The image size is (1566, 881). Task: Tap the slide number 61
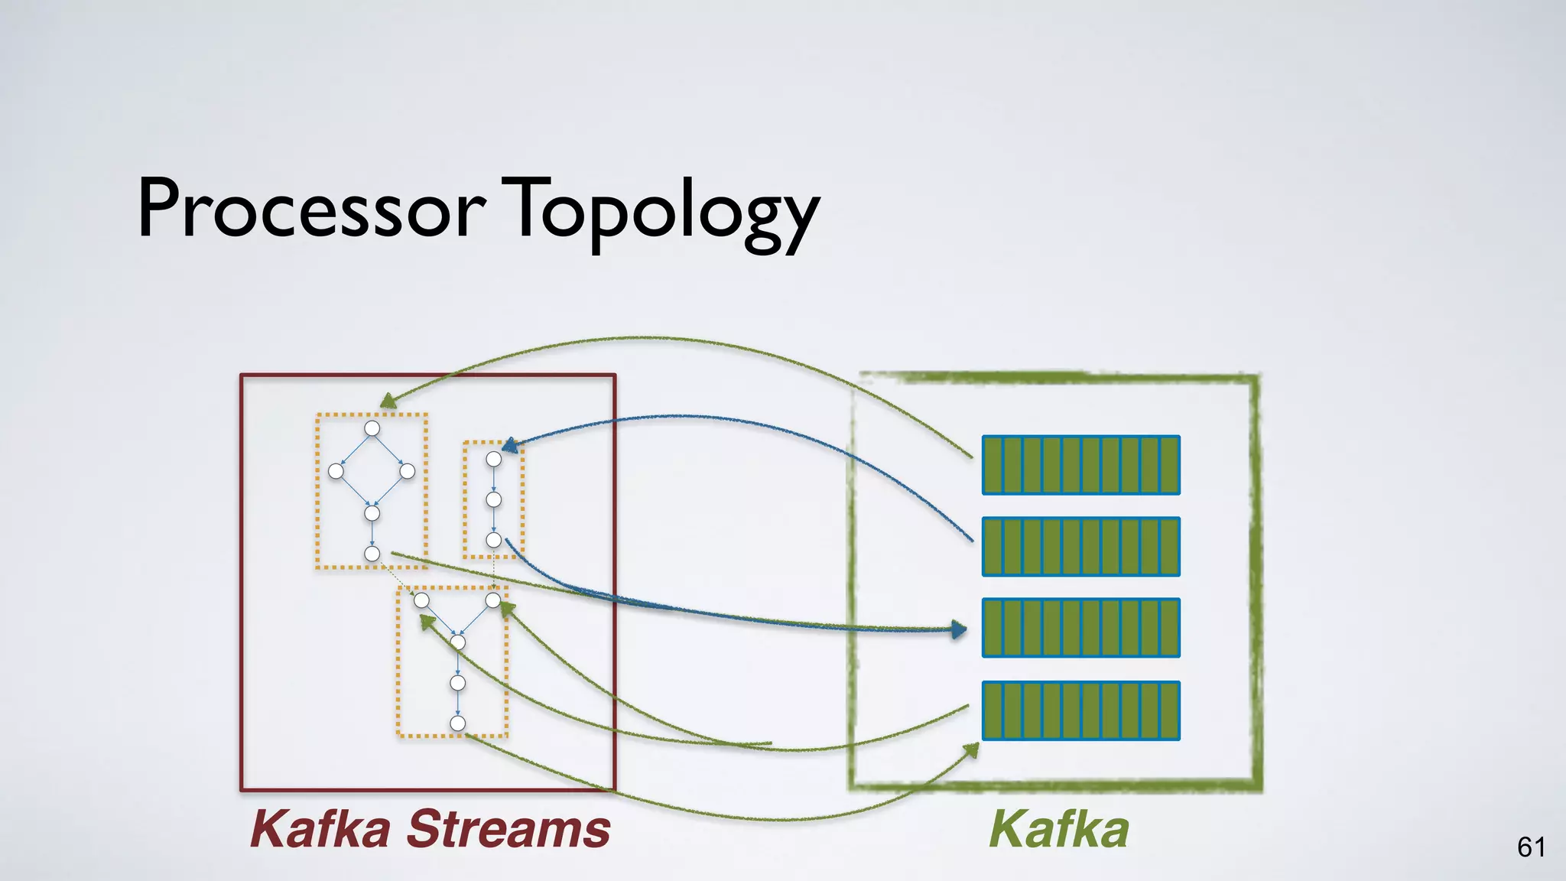click(1531, 847)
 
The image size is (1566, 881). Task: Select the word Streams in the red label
click(508, 829)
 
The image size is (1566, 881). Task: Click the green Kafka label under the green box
click(1058, 829)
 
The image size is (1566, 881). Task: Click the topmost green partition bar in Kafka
click(1080, 465)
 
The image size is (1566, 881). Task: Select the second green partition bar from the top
click(1080, 546)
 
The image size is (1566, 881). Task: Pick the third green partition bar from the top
click(1080, 628)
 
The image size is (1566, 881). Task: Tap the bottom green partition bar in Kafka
click(1080, 710)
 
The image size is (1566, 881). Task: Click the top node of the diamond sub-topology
click(372, 428)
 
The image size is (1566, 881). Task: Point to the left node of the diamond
click(336, 471)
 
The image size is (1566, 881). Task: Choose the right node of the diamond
click(408, 471)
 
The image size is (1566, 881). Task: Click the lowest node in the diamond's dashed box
click(372, 554)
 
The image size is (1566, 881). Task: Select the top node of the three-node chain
click(494, 459)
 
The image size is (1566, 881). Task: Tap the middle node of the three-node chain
click(494, 499)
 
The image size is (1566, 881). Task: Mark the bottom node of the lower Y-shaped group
click(458, 723)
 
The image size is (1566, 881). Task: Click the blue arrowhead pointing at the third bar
click(959, 630)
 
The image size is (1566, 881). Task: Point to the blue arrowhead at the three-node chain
click(509, 444)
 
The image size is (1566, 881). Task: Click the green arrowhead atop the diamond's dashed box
click(388, 401)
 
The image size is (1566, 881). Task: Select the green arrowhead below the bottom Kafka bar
click(972, 749)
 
